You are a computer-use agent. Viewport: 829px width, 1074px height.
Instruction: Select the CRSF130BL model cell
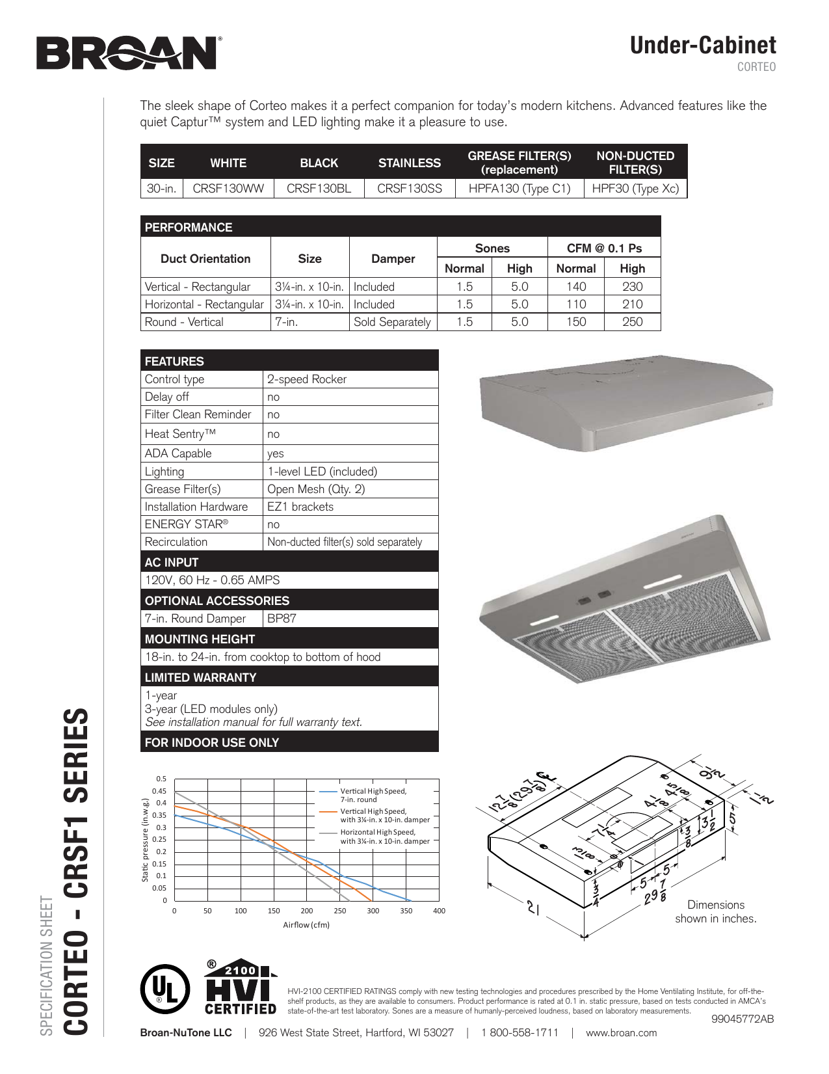click(319, 189)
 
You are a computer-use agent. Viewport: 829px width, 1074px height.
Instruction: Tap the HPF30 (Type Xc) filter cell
click(635, 189)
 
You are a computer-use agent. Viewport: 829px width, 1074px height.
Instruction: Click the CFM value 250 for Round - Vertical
click(632, 322)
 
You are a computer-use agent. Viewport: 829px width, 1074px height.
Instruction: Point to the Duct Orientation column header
click(205, 259)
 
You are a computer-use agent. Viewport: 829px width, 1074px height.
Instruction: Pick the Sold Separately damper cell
click(392, 322)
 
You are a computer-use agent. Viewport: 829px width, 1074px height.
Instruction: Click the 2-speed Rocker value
click(307, 379)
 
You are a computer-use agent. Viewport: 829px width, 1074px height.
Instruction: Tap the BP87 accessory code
click(282, 619)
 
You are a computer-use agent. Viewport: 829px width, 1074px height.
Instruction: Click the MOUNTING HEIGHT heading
click(200, 639)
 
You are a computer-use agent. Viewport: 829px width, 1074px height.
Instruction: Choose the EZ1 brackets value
click(300, 507)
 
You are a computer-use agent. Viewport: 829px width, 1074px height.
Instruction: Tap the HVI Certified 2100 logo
click(241, 987)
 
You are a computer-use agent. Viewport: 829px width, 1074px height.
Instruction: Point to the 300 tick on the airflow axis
click(373, 911)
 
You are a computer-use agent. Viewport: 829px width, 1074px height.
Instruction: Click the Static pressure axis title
click(146, 840)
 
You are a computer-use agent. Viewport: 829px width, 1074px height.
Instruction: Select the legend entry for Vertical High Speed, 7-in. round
click(373, 795)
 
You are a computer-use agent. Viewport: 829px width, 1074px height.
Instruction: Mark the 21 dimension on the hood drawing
click(534, 908)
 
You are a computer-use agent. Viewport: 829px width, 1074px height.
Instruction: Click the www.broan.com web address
click(621, 1033)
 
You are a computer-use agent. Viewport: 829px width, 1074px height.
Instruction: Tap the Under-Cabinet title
click(703, 46)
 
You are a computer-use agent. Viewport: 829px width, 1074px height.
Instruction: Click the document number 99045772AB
click(743, 1019)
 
